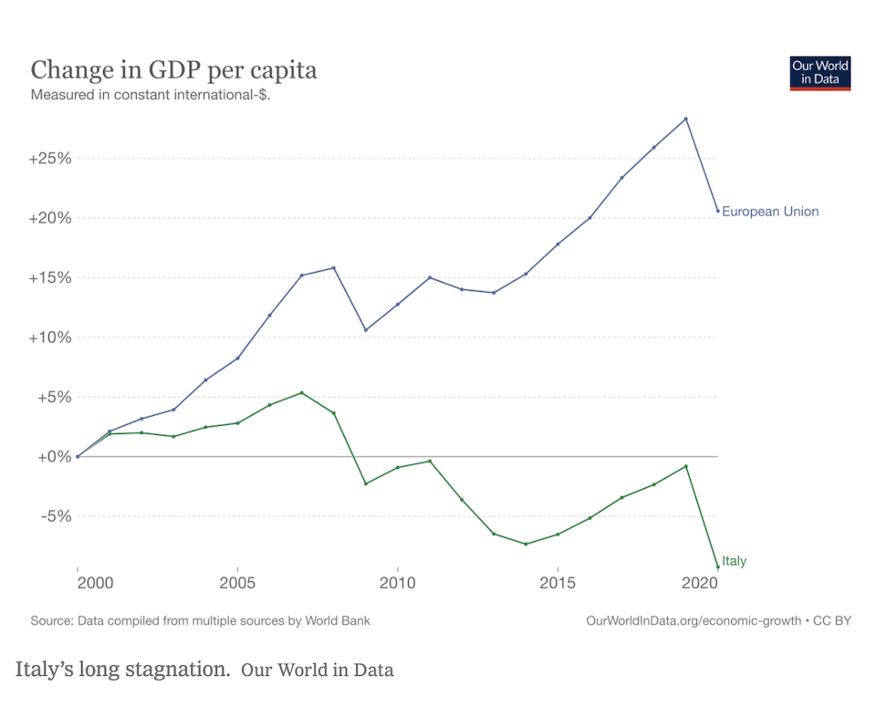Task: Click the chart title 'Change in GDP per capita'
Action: coord(174,70)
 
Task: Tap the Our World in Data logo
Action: coord(819,73)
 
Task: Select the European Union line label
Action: coord(770,212)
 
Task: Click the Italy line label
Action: coord(734,561)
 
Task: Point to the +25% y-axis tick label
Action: coord(50,159)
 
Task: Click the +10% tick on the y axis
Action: coord(50,337)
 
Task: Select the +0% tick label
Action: coord(54,456)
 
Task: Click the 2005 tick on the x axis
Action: coord(237,582)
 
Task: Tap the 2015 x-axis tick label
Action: coord(557,582)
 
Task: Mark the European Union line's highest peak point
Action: coord(685,119)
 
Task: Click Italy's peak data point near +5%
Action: coord(301,393)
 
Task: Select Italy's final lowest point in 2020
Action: coord(718,567)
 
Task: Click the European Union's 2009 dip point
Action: coord(365,330)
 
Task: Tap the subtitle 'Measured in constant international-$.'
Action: coord(151,95)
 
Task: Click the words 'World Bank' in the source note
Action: coord(335,620)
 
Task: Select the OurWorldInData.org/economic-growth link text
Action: coord(691,620)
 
